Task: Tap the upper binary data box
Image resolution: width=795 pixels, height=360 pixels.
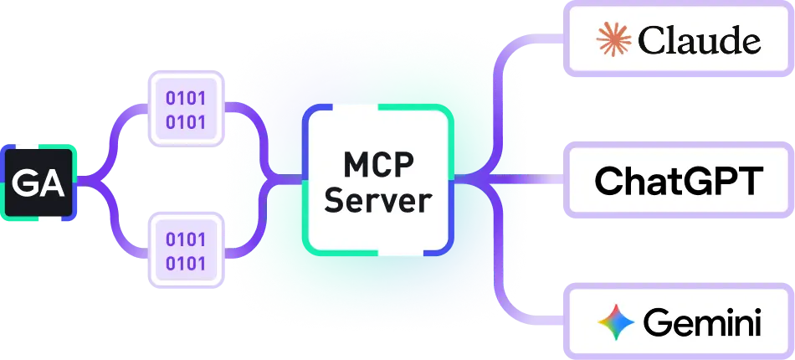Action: pyautogui.click(x=186, y=111)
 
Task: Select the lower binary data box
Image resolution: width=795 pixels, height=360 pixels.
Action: pyautogui.click(x=186, y=252)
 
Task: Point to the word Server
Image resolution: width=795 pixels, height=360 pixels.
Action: pyautogui.click(x=378, y=200)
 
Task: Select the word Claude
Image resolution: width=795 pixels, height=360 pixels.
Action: pyautogui.click(x=699, y=39)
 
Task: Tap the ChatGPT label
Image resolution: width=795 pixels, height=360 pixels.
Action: pyautogui.click(x=679, y=180)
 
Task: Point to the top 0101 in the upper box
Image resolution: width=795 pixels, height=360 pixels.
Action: pyautogui.click(x=186, y=99)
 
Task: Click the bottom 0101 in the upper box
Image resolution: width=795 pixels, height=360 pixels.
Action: pyautogui.click(x=186, y=122)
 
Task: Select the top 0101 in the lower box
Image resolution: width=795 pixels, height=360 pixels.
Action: pyautogui.click(x=186, y=240)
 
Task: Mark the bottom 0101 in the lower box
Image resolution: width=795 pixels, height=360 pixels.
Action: pyautogui.click(x=186, y=264)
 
